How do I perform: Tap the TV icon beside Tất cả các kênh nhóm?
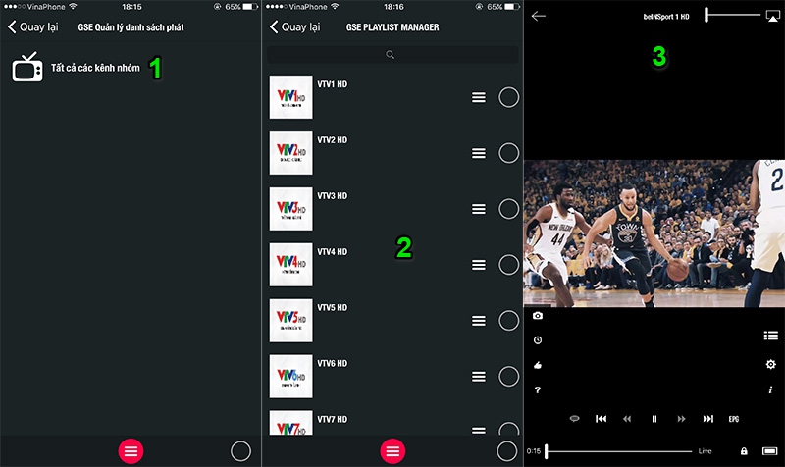pyautogui.click(x=27, y=68)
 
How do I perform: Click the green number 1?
pyautogui.click(x=154, y=69)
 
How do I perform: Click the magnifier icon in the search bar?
pyautogui.click(x=391, y=56)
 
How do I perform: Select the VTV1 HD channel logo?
pyautogui.click(x=290, y=97)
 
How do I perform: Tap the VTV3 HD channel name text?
pyautogui.click(x=333, y=196)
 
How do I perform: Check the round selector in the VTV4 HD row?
pyautogui.click(x=509, y=265)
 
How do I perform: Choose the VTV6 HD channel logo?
pyautogui.click(x=290, y=376)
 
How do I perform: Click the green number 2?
pyautogui.click(x=403, y=247)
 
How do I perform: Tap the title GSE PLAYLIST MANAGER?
pyautogui.click(x=392, y=27)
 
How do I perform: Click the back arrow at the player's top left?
pyautogui.click(x=539, y=16)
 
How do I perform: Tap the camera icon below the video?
pyautogui.click(x=538, y=316)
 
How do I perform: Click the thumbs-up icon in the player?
pyautogui.click(x=538, y=365)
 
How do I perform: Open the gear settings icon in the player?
pyautogui.click(x=770, y=365)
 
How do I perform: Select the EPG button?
pyautogui.click(x=734, y=419)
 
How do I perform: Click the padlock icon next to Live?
pyautogui.click(x=744, y=451)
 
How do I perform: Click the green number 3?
pyautogui.click(x=659, y=58)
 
